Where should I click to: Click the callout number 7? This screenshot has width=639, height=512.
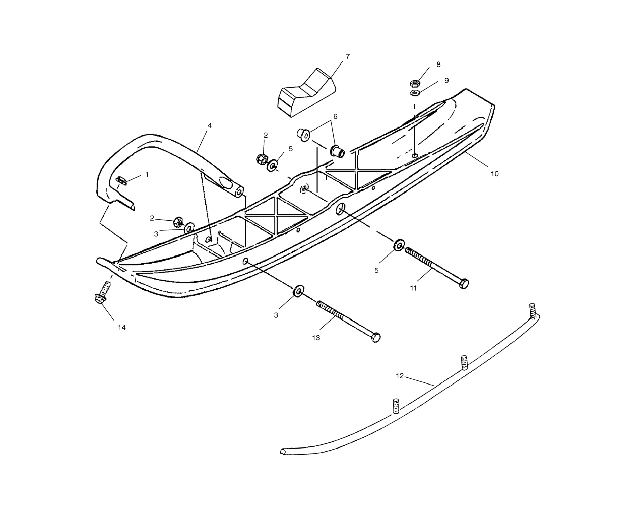click(348, 56)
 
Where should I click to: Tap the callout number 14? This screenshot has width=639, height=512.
click(122, 328)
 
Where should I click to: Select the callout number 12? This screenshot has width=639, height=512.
click(400, 376)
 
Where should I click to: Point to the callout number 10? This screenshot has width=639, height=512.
click(494, 174)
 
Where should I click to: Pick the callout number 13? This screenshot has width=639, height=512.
click(316, 337)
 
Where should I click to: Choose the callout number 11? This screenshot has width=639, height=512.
click(413, 288)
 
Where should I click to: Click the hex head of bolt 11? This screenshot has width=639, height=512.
click(464, 284)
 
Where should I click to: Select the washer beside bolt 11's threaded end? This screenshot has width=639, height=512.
click(399, 245)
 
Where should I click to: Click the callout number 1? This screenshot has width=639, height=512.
click(147, 175)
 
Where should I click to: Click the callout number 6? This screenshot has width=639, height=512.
click(335, 117)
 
